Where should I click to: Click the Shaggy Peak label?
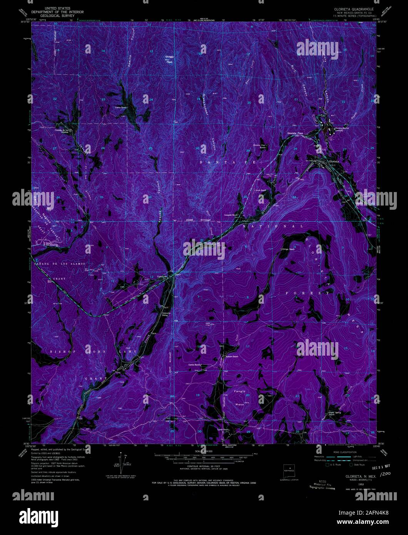(169, 58)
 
